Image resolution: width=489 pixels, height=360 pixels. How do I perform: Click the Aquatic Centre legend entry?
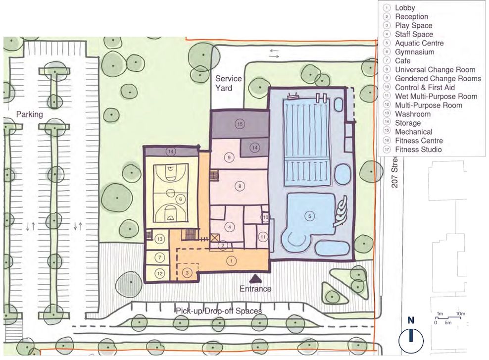419,43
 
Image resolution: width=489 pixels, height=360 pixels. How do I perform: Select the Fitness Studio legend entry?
418,150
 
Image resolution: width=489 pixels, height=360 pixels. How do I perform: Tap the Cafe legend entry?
403,61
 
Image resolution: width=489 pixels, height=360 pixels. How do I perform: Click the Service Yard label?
228,83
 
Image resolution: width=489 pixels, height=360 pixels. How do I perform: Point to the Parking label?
29,114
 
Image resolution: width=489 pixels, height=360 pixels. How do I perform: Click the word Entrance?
255,289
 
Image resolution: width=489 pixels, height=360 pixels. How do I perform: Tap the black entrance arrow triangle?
255,278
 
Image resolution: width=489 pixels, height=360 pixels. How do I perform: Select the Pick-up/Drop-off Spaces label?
218,311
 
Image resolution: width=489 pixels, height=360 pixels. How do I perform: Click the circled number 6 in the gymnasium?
180,199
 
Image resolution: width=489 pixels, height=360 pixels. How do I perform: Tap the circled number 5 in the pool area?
310,215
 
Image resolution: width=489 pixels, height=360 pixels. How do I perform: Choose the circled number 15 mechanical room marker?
240,124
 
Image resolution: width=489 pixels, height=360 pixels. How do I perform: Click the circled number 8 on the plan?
240,186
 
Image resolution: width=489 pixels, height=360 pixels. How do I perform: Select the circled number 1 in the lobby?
231,260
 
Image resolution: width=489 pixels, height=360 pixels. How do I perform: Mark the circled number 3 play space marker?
187,272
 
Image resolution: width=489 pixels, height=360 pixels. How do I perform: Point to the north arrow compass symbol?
411,341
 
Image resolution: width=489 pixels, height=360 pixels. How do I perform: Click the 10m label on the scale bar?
460,314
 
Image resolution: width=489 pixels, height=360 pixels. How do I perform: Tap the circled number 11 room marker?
263,237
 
